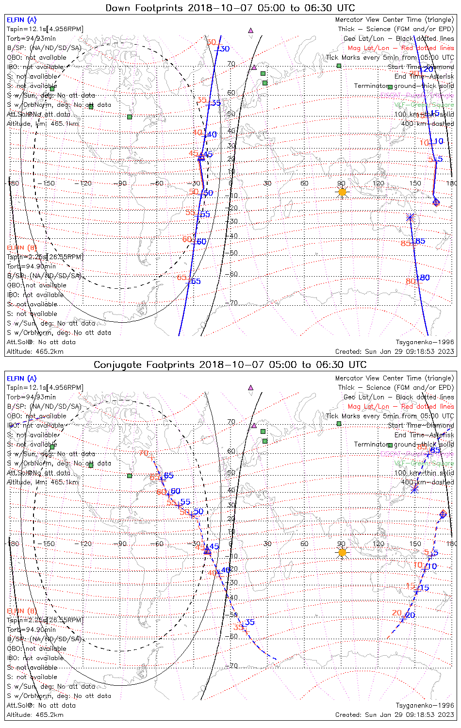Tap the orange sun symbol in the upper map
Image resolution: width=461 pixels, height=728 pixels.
342,192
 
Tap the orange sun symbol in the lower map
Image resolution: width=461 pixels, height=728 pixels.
342,552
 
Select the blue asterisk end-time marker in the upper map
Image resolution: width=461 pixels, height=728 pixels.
411,217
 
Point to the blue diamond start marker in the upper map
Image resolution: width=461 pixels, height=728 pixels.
436,201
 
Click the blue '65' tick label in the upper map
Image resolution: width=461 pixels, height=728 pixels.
195,281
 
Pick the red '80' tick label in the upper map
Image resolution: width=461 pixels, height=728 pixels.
411,281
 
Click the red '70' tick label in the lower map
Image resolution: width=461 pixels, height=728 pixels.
144,453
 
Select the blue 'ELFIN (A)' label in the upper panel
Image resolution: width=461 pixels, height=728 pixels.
21,20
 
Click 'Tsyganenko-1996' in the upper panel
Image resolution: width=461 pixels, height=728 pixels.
425,342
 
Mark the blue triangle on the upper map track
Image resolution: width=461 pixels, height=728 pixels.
201,157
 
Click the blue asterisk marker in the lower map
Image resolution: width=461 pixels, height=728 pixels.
414,489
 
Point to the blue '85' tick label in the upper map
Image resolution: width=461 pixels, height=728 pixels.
420,241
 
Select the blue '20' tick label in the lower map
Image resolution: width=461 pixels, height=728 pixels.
410,615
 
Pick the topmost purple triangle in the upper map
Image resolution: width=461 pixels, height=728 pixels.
250,30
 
